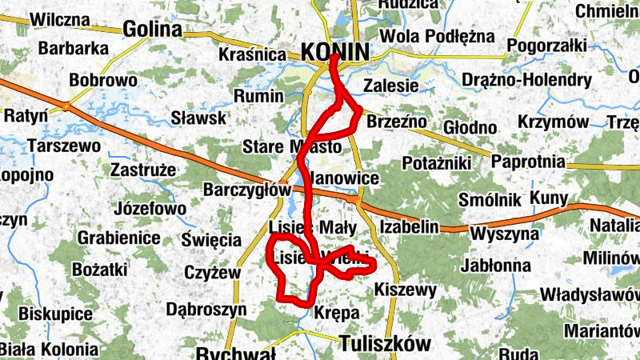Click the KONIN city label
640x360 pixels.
click(336, 53)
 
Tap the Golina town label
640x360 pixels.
click(153, 30)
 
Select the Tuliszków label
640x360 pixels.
click(385, 343)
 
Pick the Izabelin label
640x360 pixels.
click(410, 227)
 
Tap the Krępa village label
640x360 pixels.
click(337, 313)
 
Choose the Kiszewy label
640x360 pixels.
click(405, 289)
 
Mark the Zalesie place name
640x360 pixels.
click(390, 86)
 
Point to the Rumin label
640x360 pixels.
click(258, 96)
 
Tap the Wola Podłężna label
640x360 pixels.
click(438, 36)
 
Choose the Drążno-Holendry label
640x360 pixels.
click(526, 80)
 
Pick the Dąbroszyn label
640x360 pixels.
click(206, 308)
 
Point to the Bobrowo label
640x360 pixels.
click(103, 81)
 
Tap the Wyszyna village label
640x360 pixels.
click(505, 234)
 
